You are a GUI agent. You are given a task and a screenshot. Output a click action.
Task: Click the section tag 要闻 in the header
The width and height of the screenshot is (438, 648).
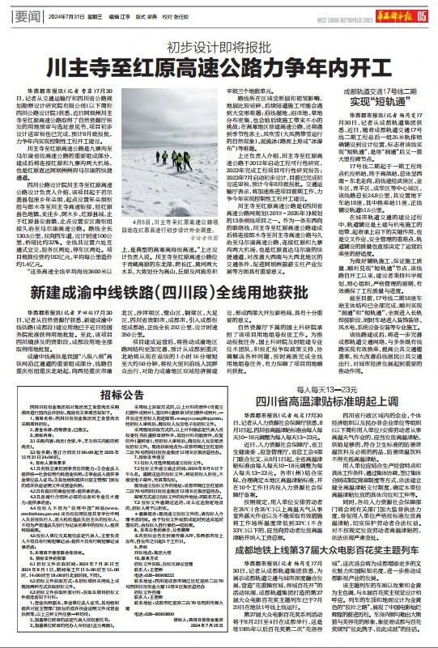(29, 15)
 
